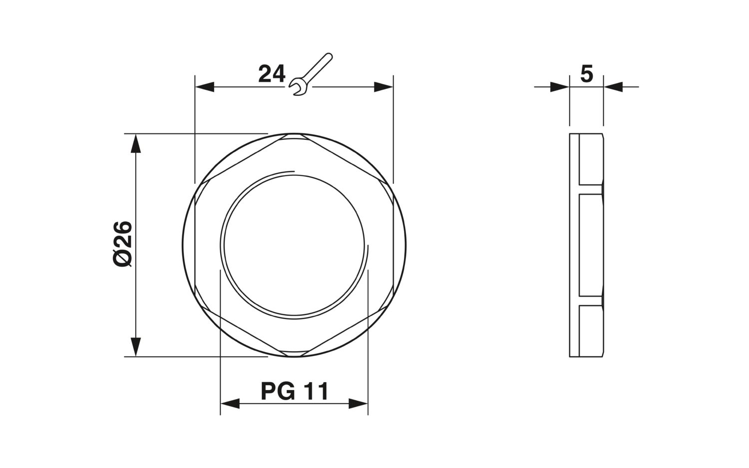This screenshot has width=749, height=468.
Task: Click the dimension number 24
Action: (x=272, y=74)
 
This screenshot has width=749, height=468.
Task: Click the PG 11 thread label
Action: (x=294, y=391)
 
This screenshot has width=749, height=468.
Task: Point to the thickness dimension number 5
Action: (x=586, y=74)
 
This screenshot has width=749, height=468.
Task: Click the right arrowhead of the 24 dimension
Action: (x=383, y=87)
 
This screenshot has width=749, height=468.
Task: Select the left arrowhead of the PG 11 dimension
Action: (x=230, y=404)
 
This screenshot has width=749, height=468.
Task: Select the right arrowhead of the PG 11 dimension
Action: (x=358, y=404)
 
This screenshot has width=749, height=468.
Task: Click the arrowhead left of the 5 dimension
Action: (x=560, y=87)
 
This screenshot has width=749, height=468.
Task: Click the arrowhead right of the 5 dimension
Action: (x=613, y=87)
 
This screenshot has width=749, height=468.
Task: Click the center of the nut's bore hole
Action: (x=294, y=245)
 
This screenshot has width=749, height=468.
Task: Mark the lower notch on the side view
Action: (x=591, y=301)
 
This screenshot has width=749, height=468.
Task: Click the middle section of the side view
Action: (x=591, y=245)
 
